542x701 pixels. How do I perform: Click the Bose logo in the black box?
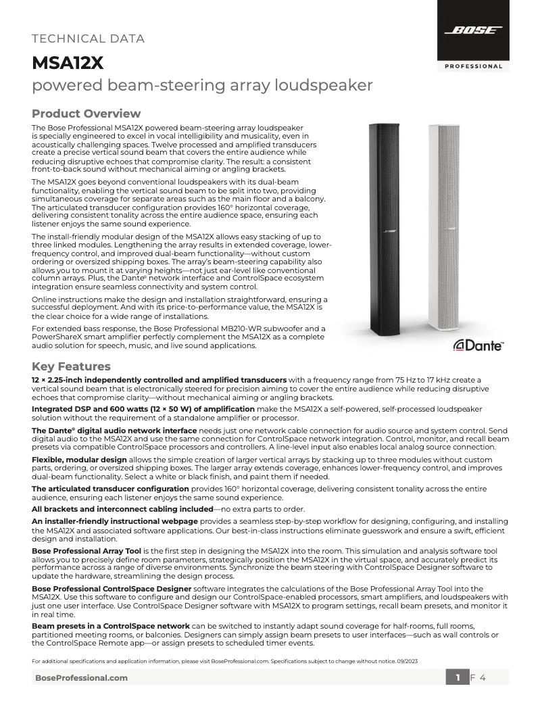click(x=472, y=30)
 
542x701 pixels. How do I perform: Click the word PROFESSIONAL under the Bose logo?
click(x=473, y=66)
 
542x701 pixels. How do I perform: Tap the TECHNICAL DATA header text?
click(x=88, y=39)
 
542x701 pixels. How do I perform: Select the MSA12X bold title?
click(x=68, y=63)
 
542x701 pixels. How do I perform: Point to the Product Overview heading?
click(x=87, y=114)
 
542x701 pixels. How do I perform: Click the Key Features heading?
click(x=71, y=366)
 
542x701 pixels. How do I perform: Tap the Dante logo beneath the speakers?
click(x=478, y=345)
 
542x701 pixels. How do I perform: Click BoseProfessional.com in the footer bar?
click(x=80, y=677)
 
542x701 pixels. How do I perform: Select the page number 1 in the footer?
click(x=458, y=677)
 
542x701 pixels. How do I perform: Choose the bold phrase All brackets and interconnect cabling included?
click(x=122, y=508)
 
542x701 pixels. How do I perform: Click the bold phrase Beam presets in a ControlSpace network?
click(x=111, y=625)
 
